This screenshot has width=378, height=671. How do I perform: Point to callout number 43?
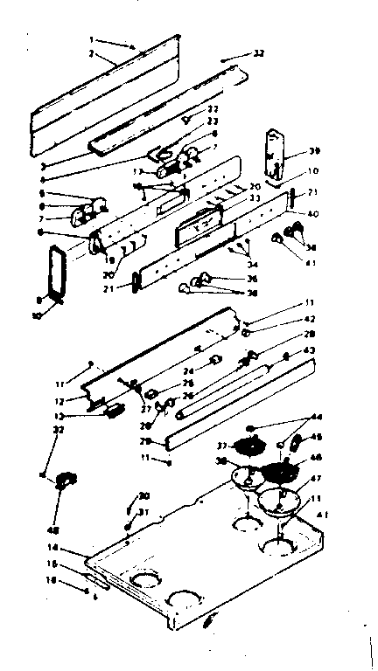[308, 351]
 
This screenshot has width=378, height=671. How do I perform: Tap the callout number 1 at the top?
[92, 40]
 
